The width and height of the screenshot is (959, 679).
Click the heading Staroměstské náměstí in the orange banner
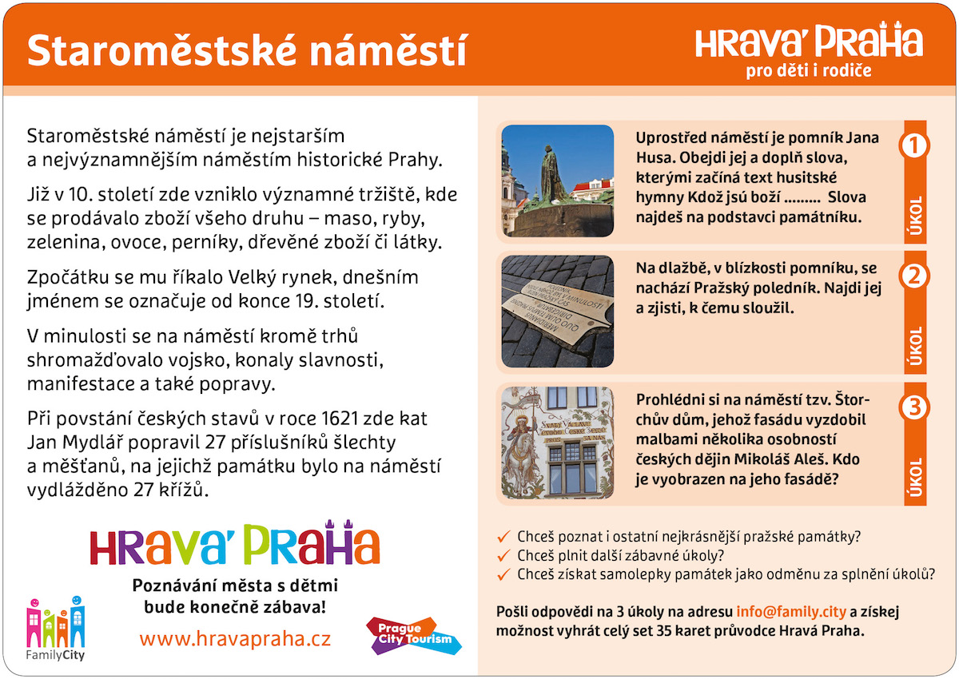(x=247, y=51)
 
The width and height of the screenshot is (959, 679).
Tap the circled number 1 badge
(x=914, y=146)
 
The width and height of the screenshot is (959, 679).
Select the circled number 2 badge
(x=914, y=276)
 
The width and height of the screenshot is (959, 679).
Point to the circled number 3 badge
(x=914, y=407)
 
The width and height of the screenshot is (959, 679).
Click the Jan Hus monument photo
(x=558, y=181)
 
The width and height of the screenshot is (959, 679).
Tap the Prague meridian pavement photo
(x=558, y=312)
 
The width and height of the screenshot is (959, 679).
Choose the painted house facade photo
(x=558, y=443)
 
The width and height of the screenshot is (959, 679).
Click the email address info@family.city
(x=790, y=612)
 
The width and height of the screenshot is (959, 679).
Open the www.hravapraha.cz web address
(x=235, y=639)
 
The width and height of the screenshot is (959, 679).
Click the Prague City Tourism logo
(x=414, y=636)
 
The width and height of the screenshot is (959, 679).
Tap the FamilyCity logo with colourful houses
(x=56, y=629)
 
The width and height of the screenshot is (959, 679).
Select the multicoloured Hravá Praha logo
(x=235, y=543)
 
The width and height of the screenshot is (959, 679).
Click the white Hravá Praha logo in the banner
(x=809, y=40)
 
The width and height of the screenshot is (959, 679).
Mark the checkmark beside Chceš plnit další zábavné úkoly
(x=504, y=555)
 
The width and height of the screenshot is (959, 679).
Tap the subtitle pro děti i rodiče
(x=809, y=70)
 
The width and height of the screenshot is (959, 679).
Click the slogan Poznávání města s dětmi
(x=235, y=586)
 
